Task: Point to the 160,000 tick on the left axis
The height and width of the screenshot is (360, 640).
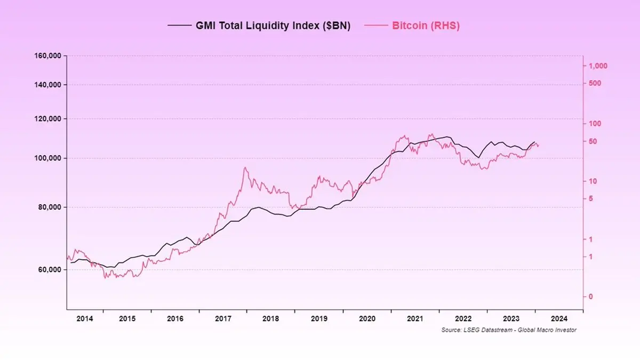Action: pyautogui.click(x=48, y=56)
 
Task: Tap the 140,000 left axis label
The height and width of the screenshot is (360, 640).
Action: pyautogui.click(x=48, y=85)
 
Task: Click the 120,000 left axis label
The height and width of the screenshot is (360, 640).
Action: pyautogui.click(x=48, y=119)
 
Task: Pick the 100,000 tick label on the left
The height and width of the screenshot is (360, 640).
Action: pyautogui.click(x=48, y=158)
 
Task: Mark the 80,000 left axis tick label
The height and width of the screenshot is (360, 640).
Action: pyautogui.click(x=50, y=207)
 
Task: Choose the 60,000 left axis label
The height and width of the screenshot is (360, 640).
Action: pyautogui.click(x=50, y=270)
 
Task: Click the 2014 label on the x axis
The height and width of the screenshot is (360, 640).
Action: pyautogui.click(x=85, y=318)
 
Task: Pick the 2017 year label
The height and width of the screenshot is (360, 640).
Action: pyautogui.click(x=223, y=318)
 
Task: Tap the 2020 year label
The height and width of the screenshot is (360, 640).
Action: pyautogui.click(x=367, y=318)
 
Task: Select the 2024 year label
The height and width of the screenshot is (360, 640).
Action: pyautogui.click(x=559, y=318)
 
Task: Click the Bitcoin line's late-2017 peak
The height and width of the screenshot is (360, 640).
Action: pyautogui.click(x=245, y=168)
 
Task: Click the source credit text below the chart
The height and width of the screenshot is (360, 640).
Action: pyautogui.click(x=509, y=330)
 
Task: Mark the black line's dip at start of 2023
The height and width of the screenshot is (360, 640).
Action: pyautogui.click(x=478, y=157)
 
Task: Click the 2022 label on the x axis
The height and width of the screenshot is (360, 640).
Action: pyautogui.click(x=463, y=318)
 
